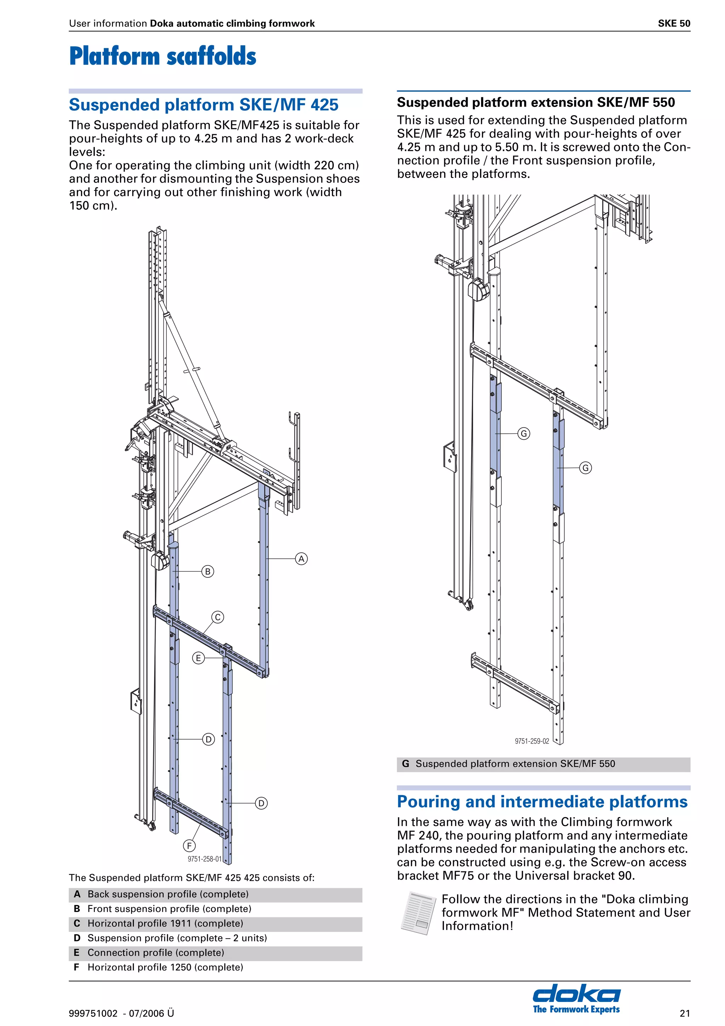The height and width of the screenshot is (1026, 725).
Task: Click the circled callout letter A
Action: tap(302, 559)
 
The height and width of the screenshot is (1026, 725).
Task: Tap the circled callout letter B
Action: tap(208, 571)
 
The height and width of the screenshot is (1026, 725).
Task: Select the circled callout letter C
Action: tap(218, 617)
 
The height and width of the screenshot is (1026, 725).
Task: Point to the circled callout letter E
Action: tap(198, 658)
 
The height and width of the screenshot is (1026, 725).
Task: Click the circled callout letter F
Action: tap(189, 845)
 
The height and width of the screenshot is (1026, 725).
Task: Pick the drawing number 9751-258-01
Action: tap(205, 859)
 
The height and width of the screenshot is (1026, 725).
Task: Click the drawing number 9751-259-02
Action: tap(532, 741)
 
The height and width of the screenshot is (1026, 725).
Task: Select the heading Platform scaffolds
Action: tap(162, 56)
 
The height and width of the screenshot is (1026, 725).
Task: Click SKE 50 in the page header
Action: tap(674, 23)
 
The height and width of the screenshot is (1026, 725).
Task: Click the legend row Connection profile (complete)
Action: tap(155, 952)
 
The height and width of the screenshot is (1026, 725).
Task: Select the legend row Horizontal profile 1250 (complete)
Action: tap(165, 967)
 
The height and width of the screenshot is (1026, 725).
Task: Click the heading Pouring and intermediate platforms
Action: tap(542, 801)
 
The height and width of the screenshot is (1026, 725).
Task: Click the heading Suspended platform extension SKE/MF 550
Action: tap(536, 102)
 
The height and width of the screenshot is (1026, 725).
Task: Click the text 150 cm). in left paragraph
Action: tap(93, 206)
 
